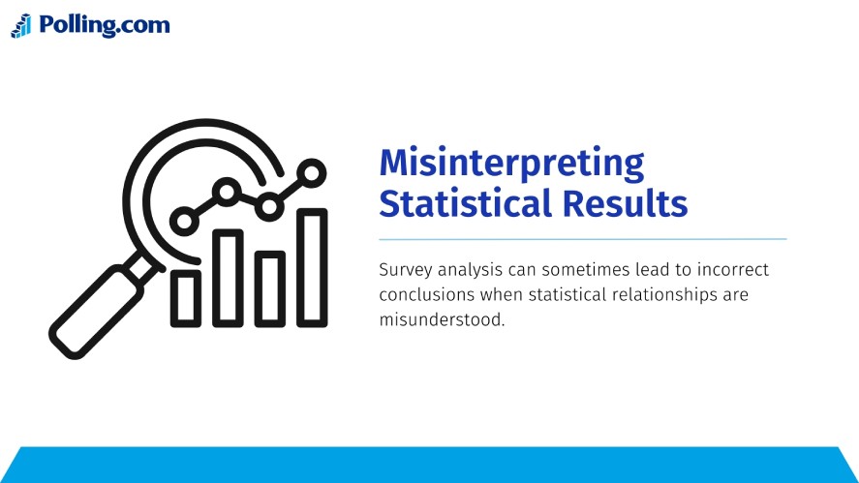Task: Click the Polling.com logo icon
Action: tap(21, 26)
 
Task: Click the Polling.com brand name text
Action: tap(105, 25)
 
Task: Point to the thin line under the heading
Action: tap(582, 238)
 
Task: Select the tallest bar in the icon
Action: tap(312, 267)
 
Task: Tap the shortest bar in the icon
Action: tap(186, 297)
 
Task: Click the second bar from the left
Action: tap(229, 278)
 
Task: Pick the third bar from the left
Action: tap(270, 288)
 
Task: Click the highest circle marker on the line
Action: tap(312, 172)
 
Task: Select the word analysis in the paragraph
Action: tap(470, 270)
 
